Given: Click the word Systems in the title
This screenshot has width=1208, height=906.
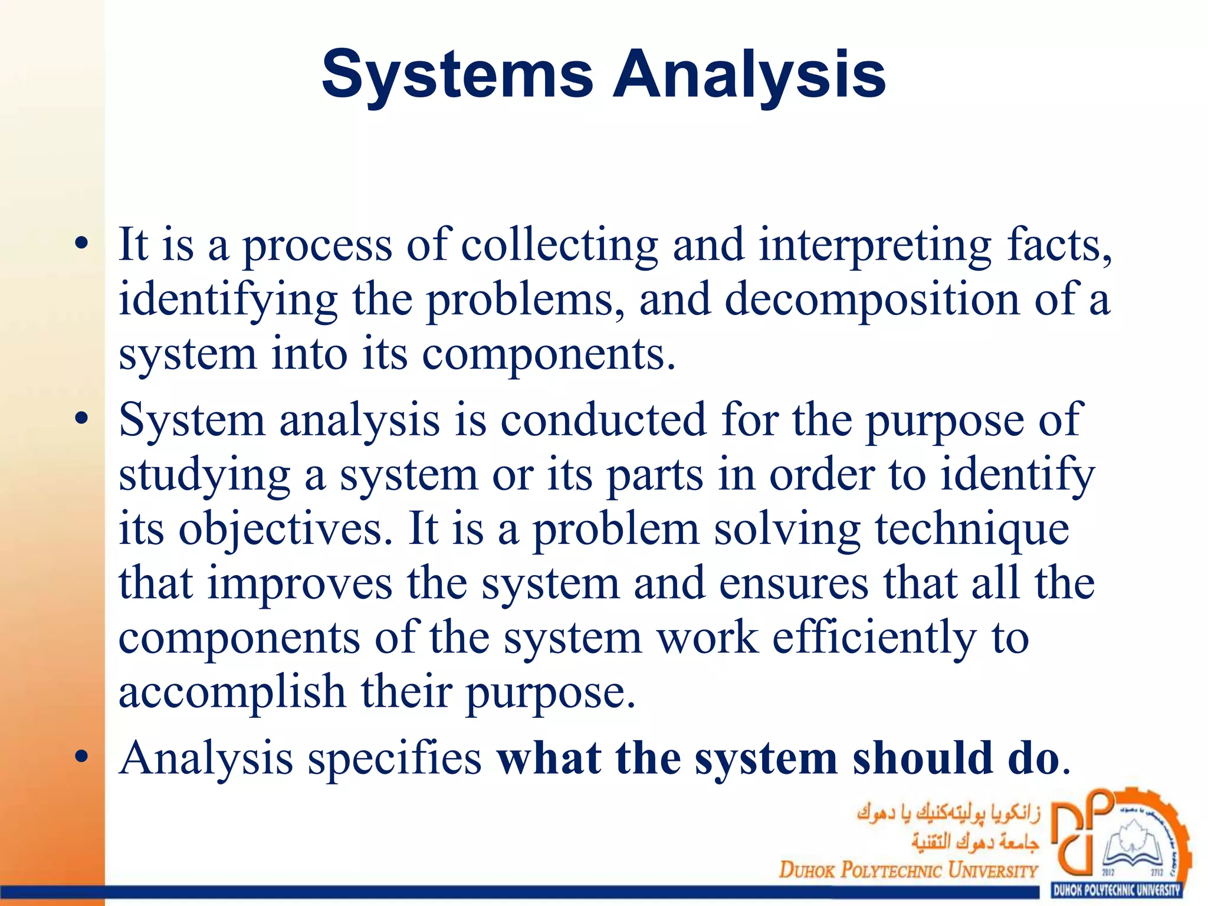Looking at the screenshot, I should pos(457,75).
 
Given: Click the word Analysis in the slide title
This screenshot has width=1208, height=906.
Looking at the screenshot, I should pos(749,75).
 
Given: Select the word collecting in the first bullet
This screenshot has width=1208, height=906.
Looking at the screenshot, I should pos(559,245).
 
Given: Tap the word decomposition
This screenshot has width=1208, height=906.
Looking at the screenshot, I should pos(872,300).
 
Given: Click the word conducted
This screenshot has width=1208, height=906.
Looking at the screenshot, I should pos(603,420).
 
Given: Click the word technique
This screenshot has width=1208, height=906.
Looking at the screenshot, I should pos(972,528).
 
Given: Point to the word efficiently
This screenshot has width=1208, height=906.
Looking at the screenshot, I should pos(874,638).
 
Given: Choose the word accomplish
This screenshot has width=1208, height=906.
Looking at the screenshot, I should pos(232,692).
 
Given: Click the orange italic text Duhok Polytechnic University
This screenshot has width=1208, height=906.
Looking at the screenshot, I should pos(908,870).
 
